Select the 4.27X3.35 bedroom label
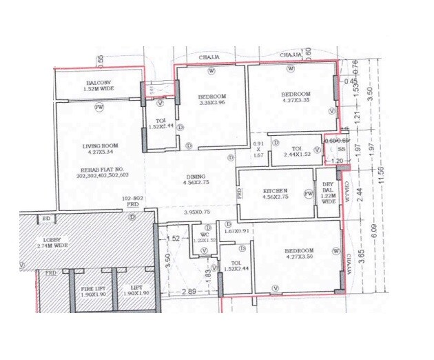(x=296, y=98)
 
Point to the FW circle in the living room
(x=100, y=107)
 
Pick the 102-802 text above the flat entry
(x=132, y=199)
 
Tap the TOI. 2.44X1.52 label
(x=297, y=152)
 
